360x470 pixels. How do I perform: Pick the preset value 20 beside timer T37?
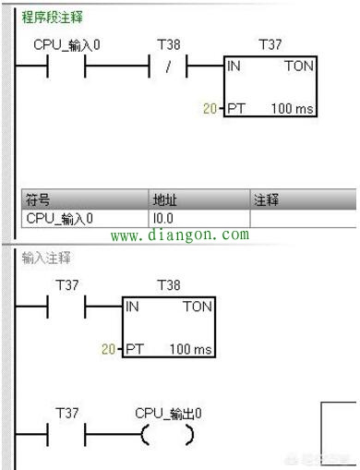pos(210,109)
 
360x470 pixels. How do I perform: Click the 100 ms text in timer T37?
pos(291,109)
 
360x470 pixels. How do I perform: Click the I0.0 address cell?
pos(163,218)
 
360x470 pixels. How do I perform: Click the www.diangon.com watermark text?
pos(179,235)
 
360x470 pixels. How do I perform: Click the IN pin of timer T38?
pos(133,306)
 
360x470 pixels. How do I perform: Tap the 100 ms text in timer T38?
pos(190,350)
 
